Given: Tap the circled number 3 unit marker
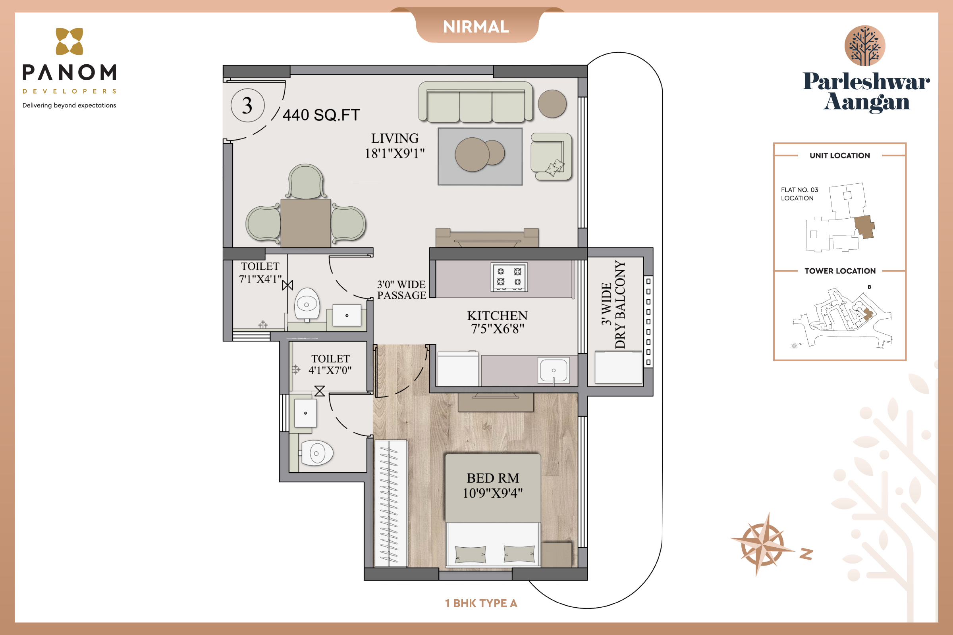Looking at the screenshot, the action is pyautogui.click(x=247, y=105).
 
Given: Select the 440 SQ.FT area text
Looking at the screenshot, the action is pyautogui.click(x=321, y=115).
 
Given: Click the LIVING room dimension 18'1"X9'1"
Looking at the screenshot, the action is pyautogui.click(x=395, y=154).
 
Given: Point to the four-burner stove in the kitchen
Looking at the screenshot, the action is pyautogui.click(x=509, y=277).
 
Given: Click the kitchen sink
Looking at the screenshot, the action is pyautogui.click(x=554, y=370).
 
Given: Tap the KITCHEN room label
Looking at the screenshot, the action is pyautogui.click(x=497, y=316).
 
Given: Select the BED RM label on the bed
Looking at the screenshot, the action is pyautogui.click(x=493, y=478).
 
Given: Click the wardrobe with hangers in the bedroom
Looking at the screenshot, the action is pyautogui.click(x=391, y=503).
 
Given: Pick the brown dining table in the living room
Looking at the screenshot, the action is pyautogui.click(x=305, y=223).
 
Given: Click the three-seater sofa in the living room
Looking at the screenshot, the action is pyautogui.click(x=476, y=102).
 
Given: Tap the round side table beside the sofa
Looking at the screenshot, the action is pyautogui.click(x=552, y=104).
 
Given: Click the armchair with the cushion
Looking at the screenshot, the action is pyautogui.click(x=551, y=156).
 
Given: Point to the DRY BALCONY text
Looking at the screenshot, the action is pyautogui.click(x=620, y=304).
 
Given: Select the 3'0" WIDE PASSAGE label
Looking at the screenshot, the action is pyautogui.click(x=401, y=290).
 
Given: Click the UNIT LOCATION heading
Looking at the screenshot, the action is pyautogui.click(x=839, y=156).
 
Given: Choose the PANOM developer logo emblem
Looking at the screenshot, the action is pyautogui.click(x=69, y=41).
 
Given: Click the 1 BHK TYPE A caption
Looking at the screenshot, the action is pyautogui.click(x=481, y=603).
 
